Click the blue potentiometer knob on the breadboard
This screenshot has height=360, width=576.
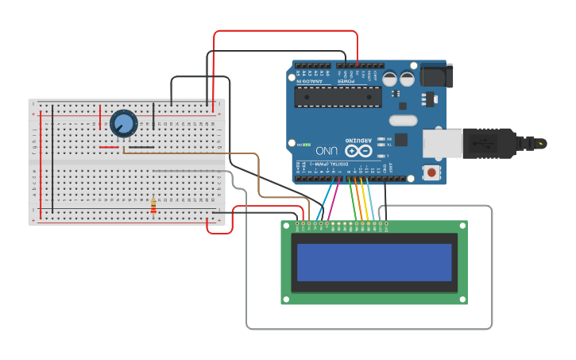(x=123, y=123)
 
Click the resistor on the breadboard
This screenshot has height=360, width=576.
(x=153, y=207)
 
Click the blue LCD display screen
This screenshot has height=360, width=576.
(x=373, y=261)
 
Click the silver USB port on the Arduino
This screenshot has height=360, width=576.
(x=442, y=143)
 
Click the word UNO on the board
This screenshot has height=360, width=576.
(x=327, y=150)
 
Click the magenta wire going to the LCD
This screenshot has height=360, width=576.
(x=334, y=199)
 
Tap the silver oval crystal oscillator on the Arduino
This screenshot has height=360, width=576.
(x=403, y=121)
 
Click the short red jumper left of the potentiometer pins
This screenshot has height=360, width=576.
(x=109, y=147)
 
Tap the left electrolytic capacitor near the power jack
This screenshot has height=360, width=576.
(x=390, y=79)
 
